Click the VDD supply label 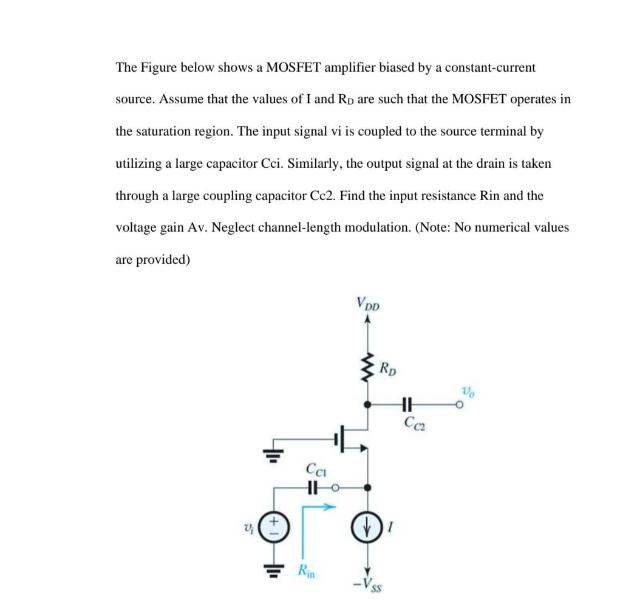click(367, 303)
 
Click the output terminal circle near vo click(462, 404)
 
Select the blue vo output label click(469, 390)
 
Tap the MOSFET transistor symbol click(347, 438)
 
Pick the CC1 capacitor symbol click(312, 487)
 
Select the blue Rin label click(307, 571)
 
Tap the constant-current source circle click(366, 527)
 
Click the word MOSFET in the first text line click(293, 67)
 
